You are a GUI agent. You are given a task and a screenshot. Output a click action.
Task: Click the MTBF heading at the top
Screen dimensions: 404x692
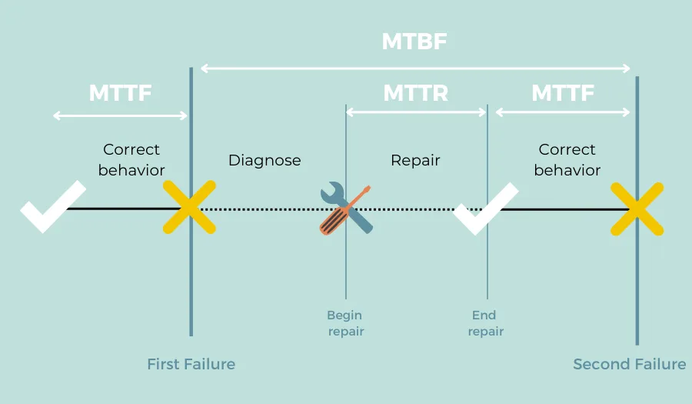pos(414,42)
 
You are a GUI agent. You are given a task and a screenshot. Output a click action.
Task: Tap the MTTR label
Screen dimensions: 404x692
pos(415,93)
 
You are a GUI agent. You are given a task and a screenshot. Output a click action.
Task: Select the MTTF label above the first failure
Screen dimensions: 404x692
pos(120,93)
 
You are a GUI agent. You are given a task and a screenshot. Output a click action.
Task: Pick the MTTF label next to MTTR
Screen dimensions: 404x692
pos(563,93)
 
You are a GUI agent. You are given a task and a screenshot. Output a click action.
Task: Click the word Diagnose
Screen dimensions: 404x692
pos(264,161)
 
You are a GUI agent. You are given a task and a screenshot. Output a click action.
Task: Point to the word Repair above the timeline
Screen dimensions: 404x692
pos(415,161)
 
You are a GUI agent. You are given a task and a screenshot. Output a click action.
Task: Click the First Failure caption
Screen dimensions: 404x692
pos(191,364)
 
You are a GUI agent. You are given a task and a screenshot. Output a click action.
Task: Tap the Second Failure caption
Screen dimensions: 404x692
pos(629,364)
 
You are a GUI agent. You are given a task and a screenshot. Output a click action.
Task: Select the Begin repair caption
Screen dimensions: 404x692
pos(345,323)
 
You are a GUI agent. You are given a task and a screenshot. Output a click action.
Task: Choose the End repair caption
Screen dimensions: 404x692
pos(486,323)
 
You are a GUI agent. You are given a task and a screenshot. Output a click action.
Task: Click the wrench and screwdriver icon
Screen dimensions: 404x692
pos(346,208)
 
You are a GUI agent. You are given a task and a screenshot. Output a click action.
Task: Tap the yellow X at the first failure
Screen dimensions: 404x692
pos(189,208)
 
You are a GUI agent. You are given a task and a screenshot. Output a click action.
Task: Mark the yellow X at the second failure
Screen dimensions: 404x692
pos(637,208)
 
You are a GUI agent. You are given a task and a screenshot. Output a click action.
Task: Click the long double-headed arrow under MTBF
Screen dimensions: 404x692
pos(415,68)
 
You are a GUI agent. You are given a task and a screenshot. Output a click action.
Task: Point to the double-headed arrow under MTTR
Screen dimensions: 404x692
pos(416,112)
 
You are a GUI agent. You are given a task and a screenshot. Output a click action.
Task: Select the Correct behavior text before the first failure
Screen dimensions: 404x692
pos(131,159)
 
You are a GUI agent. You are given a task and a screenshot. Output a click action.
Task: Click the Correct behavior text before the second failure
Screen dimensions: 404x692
pos(567,159)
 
